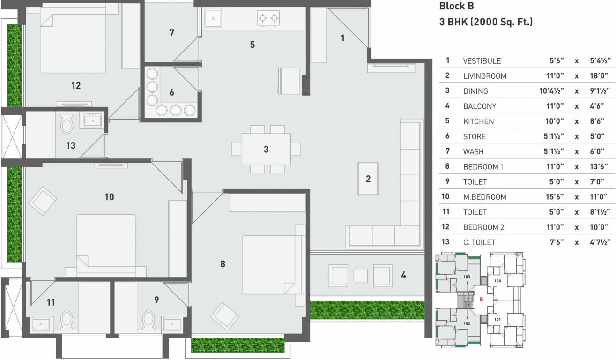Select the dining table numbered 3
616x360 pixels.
(x=266, y=149)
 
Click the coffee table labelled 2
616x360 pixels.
(x=368, y=179)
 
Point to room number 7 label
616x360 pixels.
(x=171, y=32)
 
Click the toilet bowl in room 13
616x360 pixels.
(x=67, y=125)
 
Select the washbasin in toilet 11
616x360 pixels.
(x=40, y=324)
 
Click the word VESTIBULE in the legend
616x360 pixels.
(x=482, y=61)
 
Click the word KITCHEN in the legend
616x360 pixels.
(x=478, y=121)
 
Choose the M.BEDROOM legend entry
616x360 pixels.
(x=484, y=197)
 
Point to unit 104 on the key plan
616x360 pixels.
(x=497, y=281)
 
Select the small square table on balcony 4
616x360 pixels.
(x=360, y=276)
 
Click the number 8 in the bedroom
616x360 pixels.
(x=223, y=264)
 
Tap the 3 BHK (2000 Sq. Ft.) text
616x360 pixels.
(x=486, y=22)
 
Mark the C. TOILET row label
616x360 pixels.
(x=479, y=242)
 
